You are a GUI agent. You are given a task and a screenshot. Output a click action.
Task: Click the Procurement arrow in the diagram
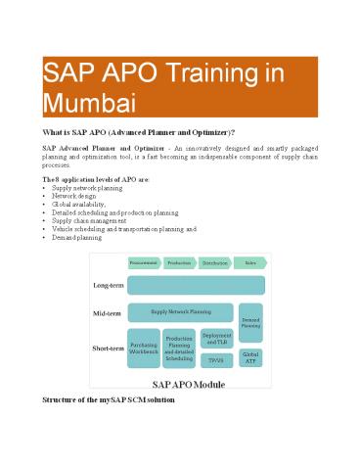(145, 262)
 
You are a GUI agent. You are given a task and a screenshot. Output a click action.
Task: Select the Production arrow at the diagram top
(179, 262)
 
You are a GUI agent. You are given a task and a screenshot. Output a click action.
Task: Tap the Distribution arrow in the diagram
(215, 262)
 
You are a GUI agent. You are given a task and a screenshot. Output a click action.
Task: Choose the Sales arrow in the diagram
(250, 262)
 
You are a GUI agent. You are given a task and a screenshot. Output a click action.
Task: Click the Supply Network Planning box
(181, 313)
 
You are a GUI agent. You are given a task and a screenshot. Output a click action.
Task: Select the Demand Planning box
(250, 322)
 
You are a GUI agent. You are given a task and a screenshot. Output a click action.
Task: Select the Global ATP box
(250, 358)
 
